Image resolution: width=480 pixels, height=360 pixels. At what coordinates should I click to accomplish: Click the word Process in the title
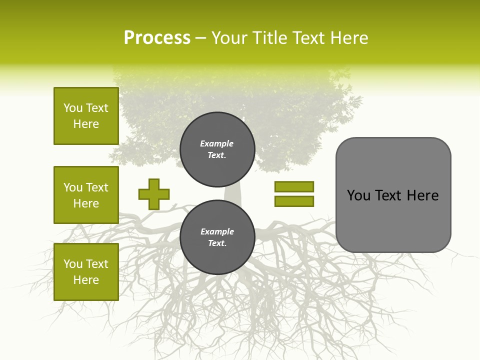[x=157, y=38]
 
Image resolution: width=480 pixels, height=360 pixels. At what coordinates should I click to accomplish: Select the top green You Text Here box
[x=86, y=116]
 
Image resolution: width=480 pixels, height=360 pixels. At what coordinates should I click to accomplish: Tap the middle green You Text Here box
[x=86, y=195]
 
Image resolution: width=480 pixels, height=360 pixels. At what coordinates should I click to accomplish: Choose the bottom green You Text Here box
[x=86, y=272]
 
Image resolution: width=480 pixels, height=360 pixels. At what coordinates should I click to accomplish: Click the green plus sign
[x=154, y=194]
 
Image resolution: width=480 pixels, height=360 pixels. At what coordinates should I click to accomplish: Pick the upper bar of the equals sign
[x=294, y=186]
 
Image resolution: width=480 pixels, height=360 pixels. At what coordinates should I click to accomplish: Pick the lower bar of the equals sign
[x=294, y=201]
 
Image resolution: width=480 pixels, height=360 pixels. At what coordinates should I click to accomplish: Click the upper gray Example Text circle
[x=217, y=149]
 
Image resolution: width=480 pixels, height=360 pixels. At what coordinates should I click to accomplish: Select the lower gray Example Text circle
[x=217, y=237]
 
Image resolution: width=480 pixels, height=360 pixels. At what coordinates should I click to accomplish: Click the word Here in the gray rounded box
[x=422, y=195]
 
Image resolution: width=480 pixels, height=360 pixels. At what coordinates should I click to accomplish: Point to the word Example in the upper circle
[x=217, y=143]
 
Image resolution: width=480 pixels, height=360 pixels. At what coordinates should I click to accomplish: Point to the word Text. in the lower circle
[x=217, y=243]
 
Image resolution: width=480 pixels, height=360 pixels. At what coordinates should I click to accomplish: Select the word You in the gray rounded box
[x=359, y=195]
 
